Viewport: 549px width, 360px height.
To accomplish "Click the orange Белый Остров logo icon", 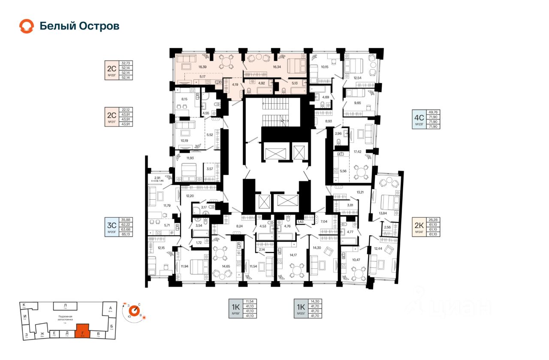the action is (x=26, y=26).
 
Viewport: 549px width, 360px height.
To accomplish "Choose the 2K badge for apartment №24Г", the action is (x=419, y=226).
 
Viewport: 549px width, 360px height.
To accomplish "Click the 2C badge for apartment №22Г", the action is (x=112, y=69).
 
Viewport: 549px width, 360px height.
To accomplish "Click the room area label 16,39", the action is (x=203, y=67).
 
